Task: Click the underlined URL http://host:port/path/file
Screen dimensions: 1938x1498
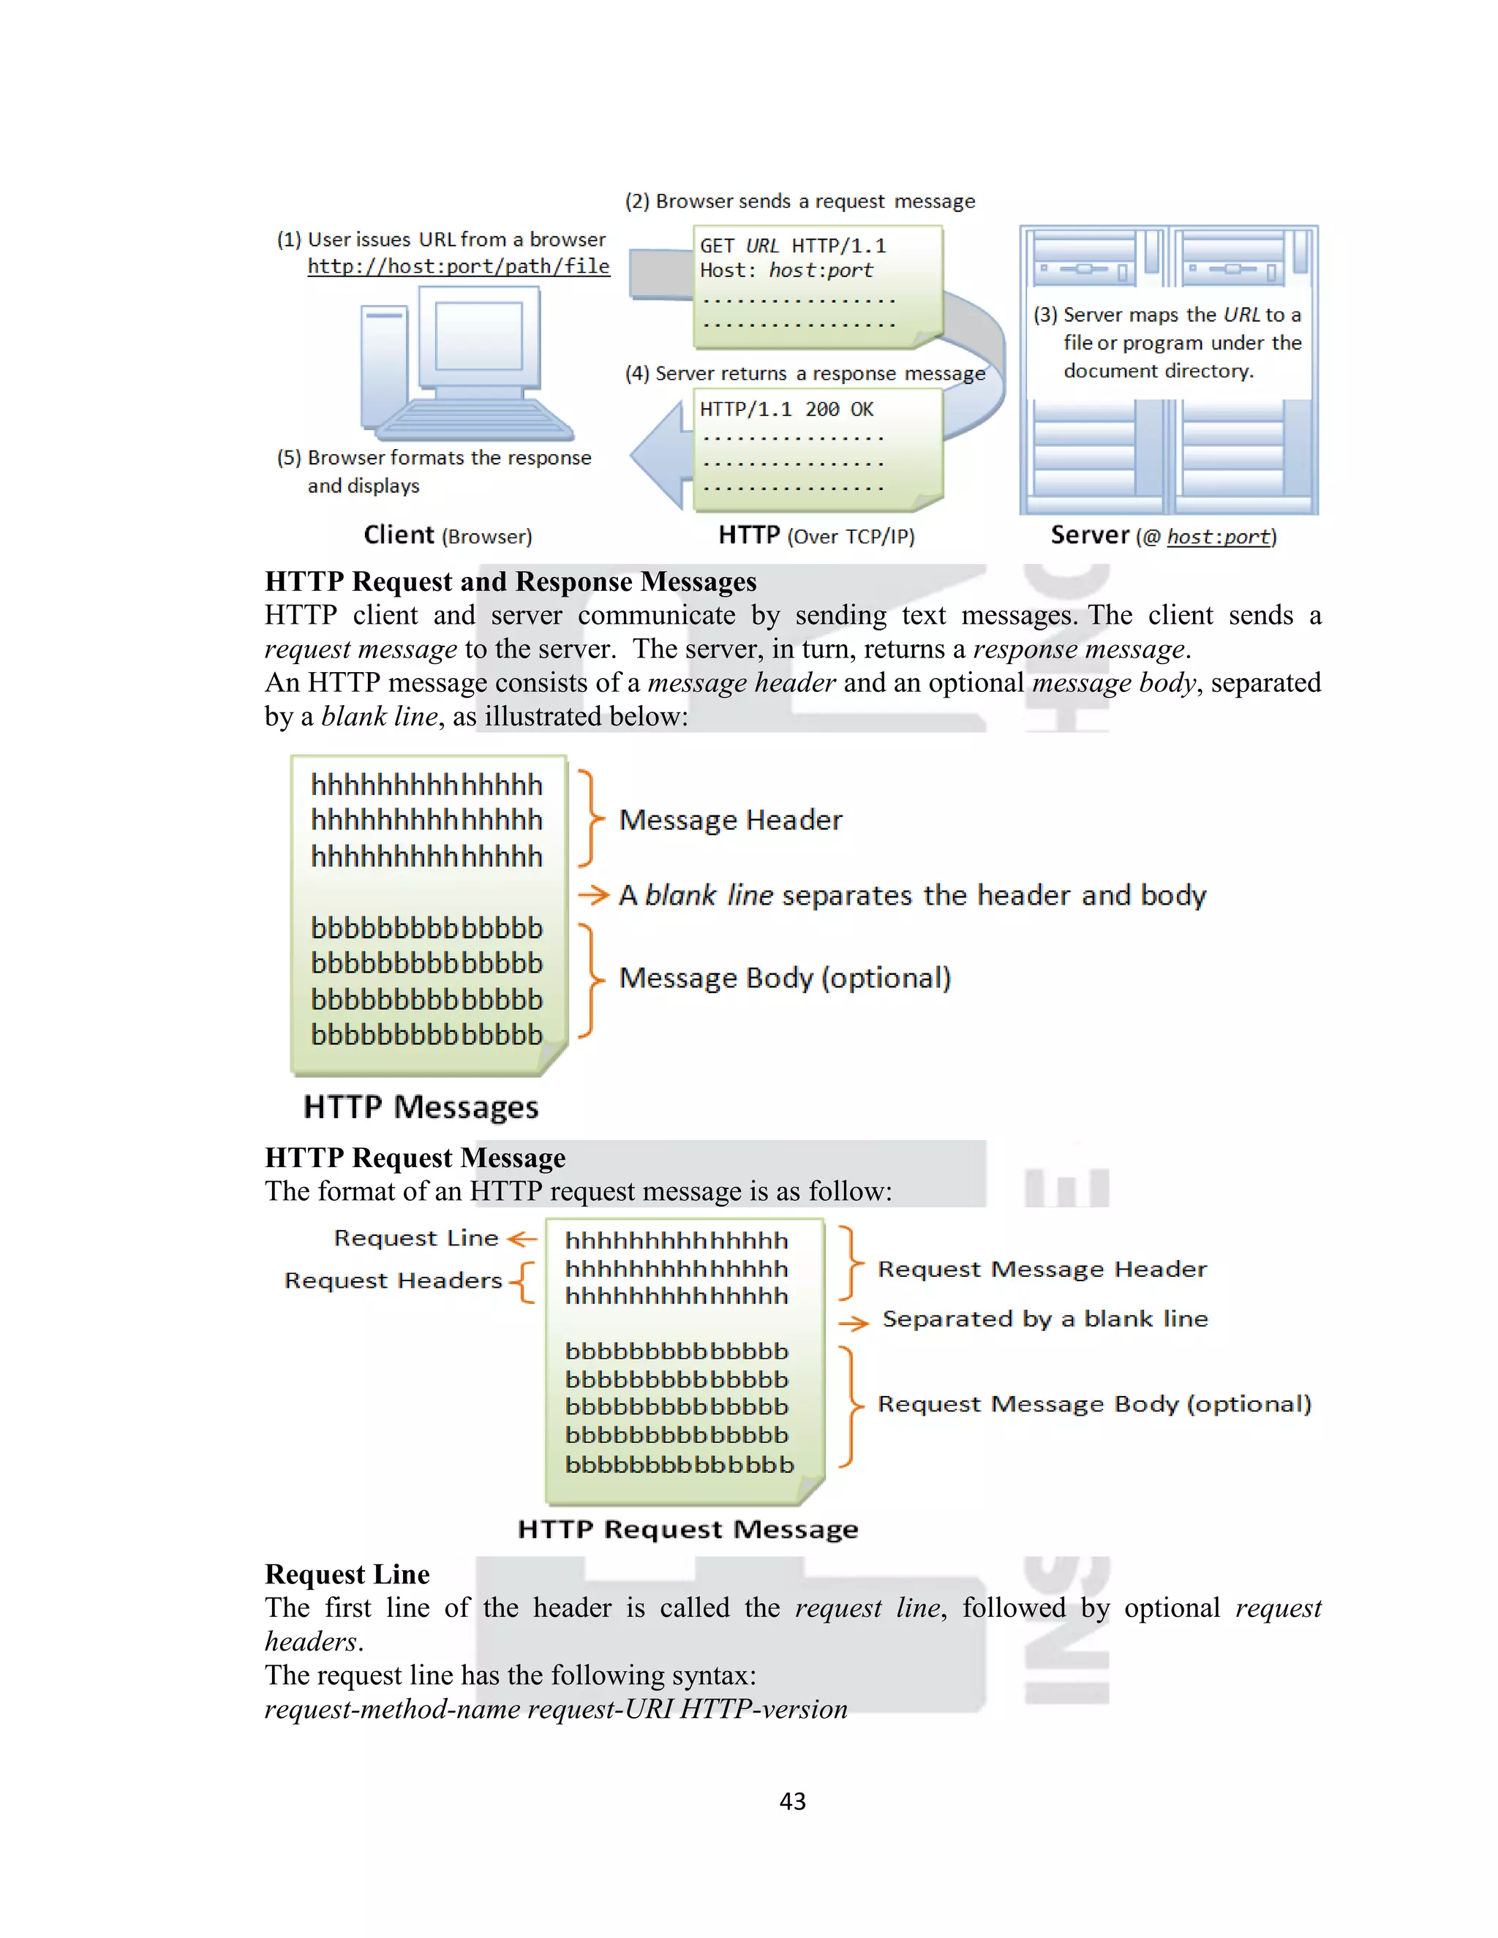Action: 458,266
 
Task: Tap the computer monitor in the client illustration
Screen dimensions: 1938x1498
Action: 479,337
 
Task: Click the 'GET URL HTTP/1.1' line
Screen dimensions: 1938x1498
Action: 792,246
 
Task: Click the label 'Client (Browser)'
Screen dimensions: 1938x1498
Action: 447,535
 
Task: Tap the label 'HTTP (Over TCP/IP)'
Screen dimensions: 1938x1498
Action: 816,535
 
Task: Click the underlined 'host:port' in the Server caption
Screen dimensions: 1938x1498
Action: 1219,537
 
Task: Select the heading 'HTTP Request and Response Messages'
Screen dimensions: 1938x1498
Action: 511,581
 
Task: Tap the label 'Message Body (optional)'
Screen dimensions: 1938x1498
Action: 785,978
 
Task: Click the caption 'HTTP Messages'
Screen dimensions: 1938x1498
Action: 421,1106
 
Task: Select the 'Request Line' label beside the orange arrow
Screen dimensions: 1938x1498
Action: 415,1238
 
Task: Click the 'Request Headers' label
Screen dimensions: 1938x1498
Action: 393,1281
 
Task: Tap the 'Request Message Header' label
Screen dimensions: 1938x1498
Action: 1042,1269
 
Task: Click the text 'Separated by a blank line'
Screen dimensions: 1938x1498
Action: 1045,1319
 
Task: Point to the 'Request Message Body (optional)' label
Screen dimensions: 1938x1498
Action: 1094,1404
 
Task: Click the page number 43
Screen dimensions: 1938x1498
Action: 792,1801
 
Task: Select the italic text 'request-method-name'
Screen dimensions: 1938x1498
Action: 392,1709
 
